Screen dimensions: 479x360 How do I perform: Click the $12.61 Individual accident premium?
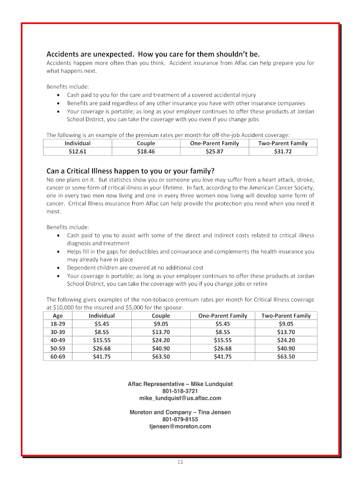point(78,152)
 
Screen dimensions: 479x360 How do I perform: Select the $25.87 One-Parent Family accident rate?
point(214,152)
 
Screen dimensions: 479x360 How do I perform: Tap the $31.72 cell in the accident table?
point(282,152)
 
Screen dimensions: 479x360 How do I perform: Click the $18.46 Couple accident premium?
point(146,152)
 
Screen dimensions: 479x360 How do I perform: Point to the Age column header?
point(58,316)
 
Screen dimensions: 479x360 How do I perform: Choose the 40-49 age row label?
point(58,340)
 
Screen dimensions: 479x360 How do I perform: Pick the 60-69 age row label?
point(58,356)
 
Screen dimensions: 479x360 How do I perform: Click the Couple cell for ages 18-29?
point(161,324)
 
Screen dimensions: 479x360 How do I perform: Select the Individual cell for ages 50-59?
point(101,348)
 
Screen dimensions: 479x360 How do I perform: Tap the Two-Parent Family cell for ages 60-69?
point(286,356)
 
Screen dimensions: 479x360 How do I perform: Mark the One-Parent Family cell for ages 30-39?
point(223,332)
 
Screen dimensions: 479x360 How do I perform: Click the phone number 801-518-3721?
point(180,391)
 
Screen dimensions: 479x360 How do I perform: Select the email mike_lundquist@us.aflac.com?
point(180,398)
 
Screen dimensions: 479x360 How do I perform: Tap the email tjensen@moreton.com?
point(180,427)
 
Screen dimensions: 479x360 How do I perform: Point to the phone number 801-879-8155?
point(180,420)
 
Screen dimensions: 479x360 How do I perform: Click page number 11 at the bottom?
point(180,463)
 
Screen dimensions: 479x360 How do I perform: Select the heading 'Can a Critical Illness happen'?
point(130,171)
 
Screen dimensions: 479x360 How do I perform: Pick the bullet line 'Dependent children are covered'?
point(135,268)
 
